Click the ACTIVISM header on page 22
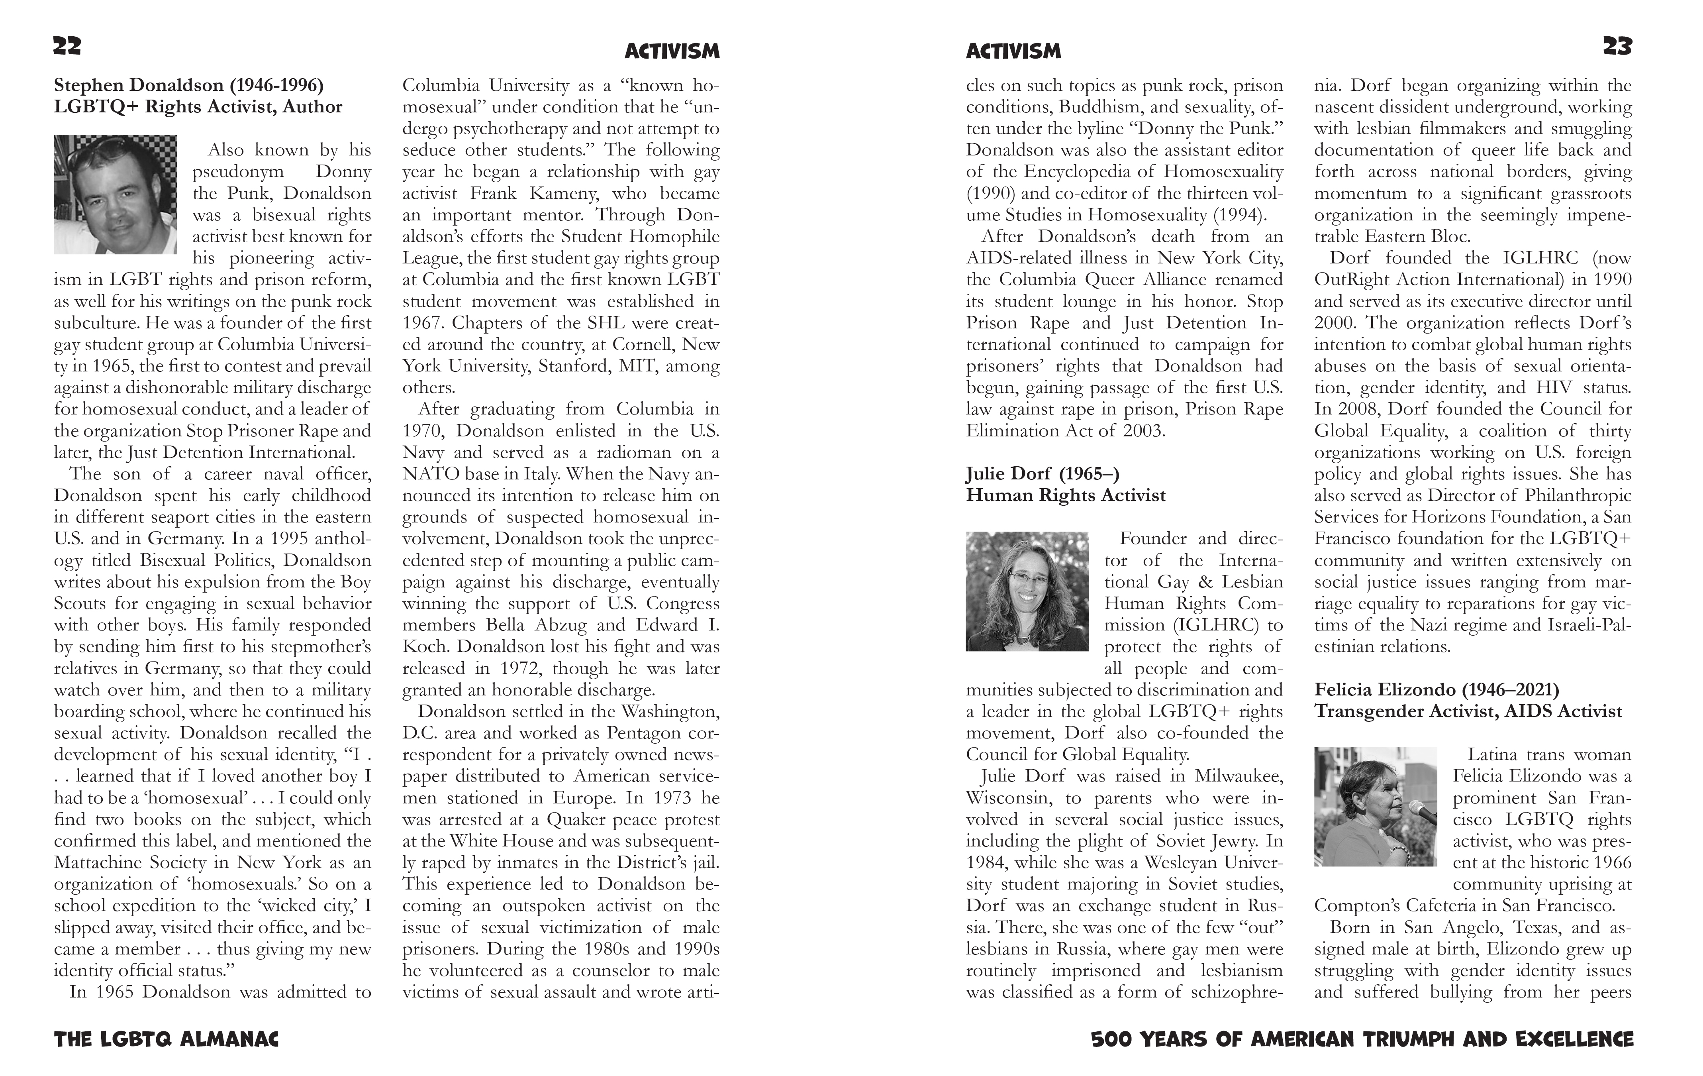672,51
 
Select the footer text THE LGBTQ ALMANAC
166,1039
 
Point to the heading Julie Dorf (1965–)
1043,473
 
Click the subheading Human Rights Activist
1065,495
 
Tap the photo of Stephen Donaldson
115,194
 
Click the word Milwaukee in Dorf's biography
1239,776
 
